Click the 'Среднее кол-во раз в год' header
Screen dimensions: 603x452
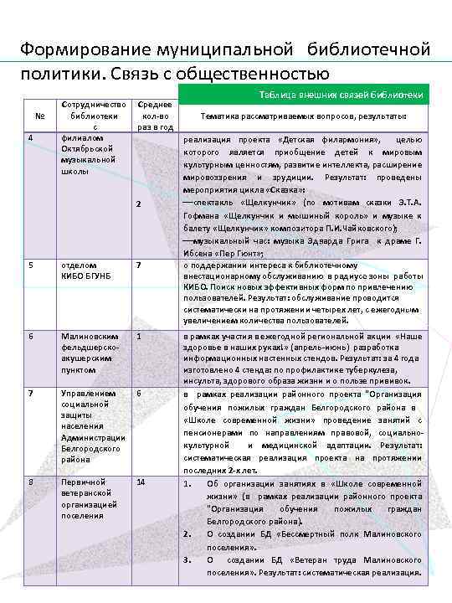(x=155, y=116)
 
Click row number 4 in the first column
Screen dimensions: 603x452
(x=31, y=138)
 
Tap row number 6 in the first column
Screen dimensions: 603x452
(x=31, y=336)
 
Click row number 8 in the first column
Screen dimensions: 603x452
(x=31, y=482)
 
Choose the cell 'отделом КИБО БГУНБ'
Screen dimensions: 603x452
(x=81, y=271)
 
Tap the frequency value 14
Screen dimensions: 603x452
(x=140, y=482)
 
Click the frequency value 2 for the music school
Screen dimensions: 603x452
(x=139, y=206)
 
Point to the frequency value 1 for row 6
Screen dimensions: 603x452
(x=139, y=336)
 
